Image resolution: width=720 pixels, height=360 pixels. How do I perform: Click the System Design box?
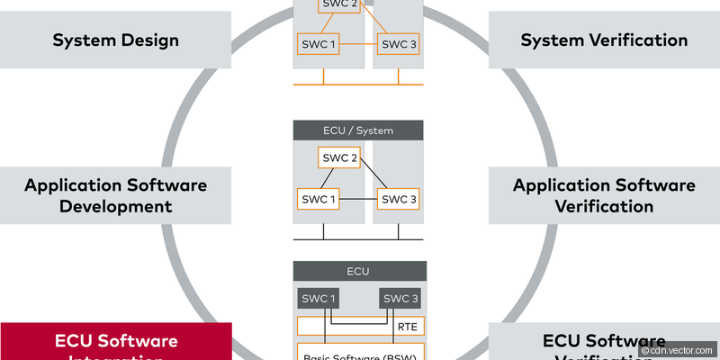(x=115, y=40)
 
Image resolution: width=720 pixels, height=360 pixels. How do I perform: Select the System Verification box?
(x=604, y=40)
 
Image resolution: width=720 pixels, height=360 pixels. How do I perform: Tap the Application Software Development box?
(x=115, y=195)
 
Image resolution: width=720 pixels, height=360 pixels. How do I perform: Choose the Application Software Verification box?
(x=604, y=195)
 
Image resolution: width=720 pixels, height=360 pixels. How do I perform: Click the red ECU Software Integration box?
(x=115, y=342)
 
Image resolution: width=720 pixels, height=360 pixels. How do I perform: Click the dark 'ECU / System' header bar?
(x=358, y=130)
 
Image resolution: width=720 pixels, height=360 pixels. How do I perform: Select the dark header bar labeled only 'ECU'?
(x=358, y=271)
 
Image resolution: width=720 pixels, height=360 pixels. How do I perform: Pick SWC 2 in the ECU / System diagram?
(x=338, y=157)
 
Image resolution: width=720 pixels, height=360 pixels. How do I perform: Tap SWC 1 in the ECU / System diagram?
(x=318, y=198)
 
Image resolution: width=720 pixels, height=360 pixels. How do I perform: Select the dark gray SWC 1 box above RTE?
(x=318, y=299)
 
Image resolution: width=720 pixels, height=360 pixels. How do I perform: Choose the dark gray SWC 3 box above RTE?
(x=400, y=299)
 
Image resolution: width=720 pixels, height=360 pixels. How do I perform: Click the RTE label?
(x=407, y=327)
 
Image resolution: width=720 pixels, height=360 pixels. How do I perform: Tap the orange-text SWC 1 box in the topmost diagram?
(x=318, y=43)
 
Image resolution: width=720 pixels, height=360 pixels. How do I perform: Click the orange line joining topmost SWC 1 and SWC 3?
(x=358, y=43)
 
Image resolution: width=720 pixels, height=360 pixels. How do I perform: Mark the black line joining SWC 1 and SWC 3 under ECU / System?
(x=358, y=198)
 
